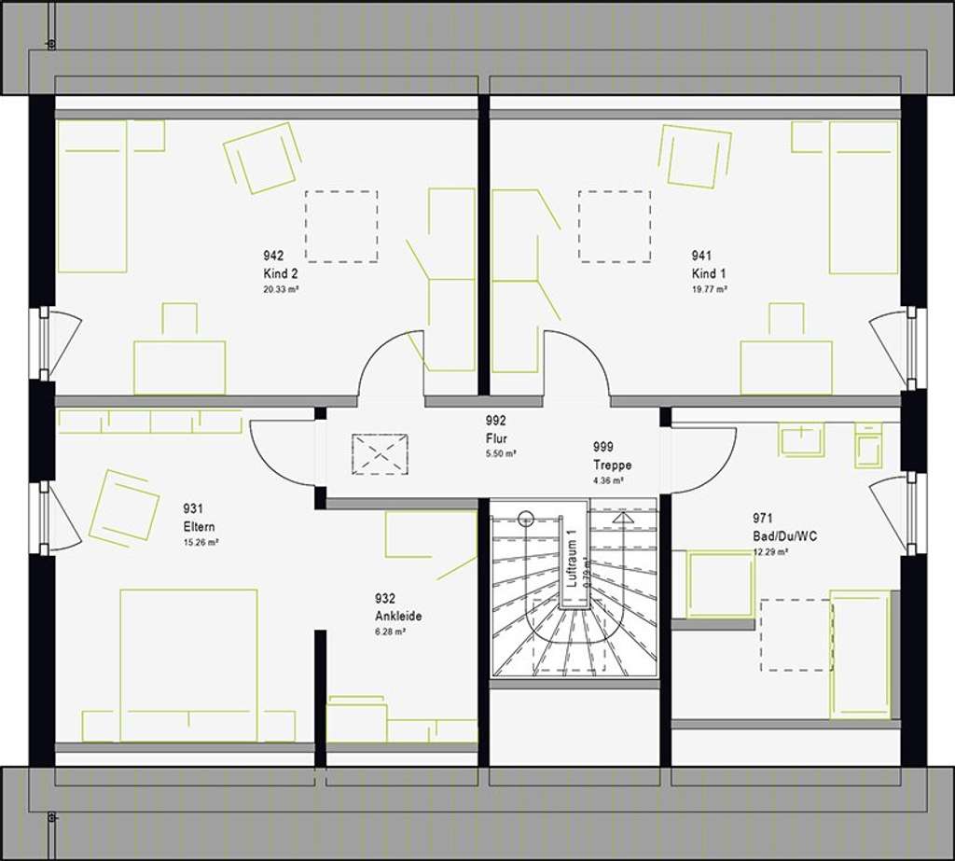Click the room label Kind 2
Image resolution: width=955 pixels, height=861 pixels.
(280, 273)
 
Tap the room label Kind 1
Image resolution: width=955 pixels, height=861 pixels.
(708, 273)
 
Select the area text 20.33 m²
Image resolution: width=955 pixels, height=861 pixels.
(281, 290)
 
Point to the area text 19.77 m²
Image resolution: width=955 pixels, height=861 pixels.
(709, 290)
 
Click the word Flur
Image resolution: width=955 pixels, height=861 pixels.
(495, 437)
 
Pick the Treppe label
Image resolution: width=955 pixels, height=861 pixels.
(612, 465)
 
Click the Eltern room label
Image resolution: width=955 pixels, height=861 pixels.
(200, 526)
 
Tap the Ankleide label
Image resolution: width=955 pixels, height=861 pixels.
(398, 616)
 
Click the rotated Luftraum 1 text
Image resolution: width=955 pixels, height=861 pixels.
(573, 557)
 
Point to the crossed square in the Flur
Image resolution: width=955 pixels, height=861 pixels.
(380, 454)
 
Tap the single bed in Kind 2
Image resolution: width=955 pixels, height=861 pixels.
(91, 196)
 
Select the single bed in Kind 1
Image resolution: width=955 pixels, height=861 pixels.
(864, 197)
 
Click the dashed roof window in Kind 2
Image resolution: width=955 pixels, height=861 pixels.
(341, 227)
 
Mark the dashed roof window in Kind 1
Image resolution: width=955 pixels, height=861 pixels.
(615, 227)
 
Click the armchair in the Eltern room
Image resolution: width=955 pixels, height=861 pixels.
(124, 507)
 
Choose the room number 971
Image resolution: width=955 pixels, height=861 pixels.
(763, 518)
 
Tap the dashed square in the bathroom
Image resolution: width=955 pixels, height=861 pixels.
(796, 634)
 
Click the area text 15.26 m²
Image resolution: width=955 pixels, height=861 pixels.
(201, 542)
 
